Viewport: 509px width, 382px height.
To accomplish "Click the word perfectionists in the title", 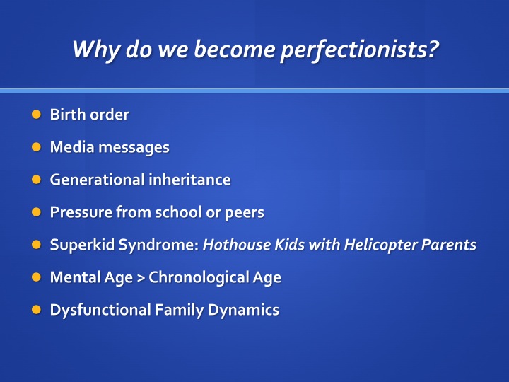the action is pyautogui.click(x=360, y=50).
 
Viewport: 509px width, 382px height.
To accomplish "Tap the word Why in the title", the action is pyautogui.click(x=95, y=50).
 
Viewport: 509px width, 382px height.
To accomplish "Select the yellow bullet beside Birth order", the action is pyautogui.click(x=36, y=115).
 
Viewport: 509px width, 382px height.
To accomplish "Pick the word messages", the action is pyautogui.click(x=134, y=148).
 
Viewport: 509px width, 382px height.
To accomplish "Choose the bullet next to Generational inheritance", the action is pyautogui.click(x=36, y=179).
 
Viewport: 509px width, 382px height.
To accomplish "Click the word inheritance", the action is pyautogui.click(x=190, y=179).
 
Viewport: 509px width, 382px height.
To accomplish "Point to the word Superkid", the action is pyautogui.click(x=83, y=245).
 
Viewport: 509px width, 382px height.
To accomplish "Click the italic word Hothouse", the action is pyautogui.click(x=237, y=245).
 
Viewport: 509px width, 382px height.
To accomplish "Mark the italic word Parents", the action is pyautogui.click(x=449, y=245).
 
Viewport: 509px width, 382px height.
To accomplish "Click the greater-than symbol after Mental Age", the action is pyautogui.click(x=141, y=278).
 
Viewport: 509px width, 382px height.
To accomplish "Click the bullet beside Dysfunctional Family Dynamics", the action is pyautogui.click(x=36, y=310).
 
